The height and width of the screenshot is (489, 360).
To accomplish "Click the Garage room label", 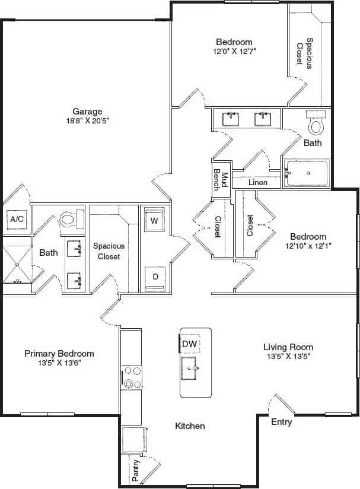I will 87,111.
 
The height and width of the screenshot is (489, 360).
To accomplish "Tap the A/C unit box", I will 17,219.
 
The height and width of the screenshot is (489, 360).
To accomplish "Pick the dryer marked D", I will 154,277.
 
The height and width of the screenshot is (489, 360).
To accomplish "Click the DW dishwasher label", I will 189,344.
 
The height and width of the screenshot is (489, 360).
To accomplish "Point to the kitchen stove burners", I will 132,377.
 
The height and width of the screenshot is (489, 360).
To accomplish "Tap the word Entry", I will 281,422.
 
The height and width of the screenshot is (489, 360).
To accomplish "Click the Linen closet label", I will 257,182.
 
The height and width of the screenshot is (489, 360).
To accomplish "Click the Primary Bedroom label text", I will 59,353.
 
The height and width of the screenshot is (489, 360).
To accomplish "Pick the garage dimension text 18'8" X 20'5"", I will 87,120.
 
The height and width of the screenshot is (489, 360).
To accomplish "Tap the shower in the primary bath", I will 16,261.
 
